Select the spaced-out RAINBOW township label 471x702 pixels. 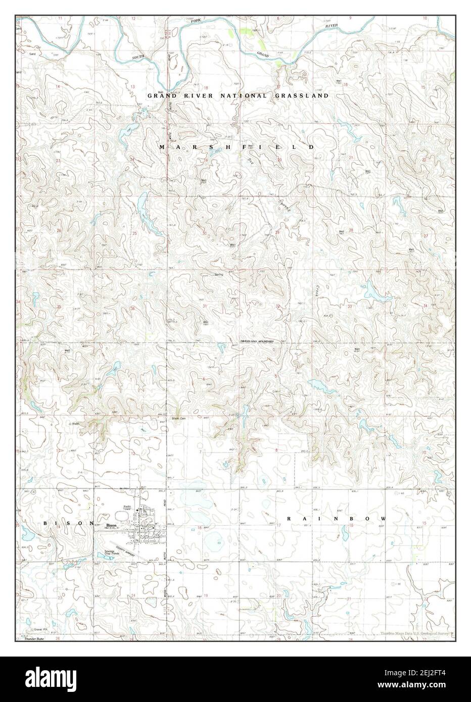click(x=337, y=519)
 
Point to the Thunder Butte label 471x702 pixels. click(x=32, y=638)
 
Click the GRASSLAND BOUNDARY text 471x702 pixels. click(x=257, y=342)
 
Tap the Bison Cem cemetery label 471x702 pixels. click(x=179, y=418)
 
